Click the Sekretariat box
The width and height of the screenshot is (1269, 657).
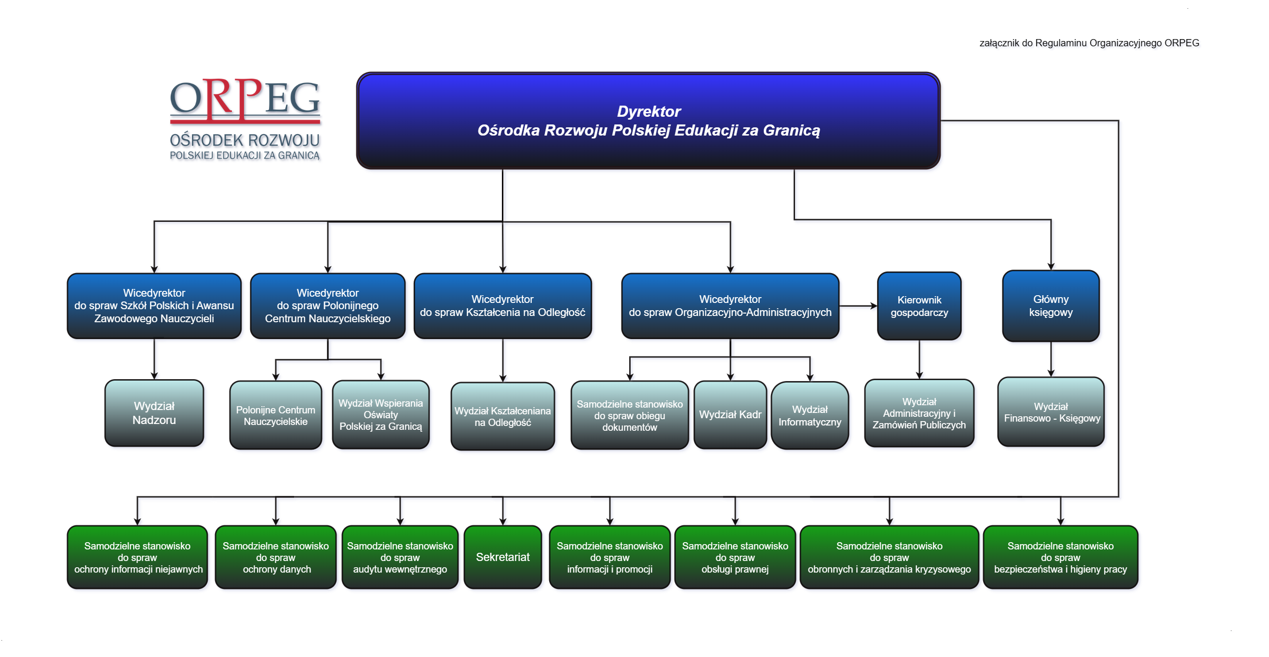pos(502,557)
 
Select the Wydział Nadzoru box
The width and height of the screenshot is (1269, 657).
pos(154,413)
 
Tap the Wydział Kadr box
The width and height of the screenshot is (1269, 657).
pos(730,414)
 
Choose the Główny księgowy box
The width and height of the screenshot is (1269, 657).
pos(1050,305)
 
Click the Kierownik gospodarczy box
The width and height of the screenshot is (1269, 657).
pos(919,306)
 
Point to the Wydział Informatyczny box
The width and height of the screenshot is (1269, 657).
pos(810,415)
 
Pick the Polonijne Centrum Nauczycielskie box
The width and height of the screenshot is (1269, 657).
pos(275,415)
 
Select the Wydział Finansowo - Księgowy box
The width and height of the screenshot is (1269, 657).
pos(1051,412)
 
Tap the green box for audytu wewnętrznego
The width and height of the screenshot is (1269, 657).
pos(400,557)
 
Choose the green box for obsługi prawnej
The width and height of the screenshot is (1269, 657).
pos(734,557)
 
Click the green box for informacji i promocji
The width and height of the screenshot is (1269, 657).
pos(609,557)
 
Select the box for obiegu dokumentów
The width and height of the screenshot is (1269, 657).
pos(629,415)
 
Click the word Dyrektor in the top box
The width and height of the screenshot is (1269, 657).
pos(648,111)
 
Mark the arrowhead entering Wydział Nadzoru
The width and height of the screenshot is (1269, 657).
pos(154,376)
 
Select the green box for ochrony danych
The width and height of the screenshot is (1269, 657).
pos(275,557)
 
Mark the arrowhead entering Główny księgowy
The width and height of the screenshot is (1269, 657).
pos(1051,266)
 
